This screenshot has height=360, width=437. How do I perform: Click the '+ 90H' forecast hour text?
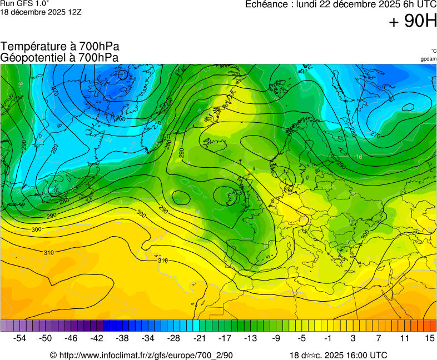pos(413,22)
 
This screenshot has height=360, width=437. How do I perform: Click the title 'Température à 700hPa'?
pos(59,47)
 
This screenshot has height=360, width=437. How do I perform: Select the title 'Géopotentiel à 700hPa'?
pos(59,57)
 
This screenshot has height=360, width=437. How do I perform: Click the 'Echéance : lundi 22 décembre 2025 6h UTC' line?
pos(341,4)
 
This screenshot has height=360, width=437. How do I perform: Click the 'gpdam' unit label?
pos(428,59)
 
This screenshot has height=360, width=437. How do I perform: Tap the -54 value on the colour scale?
pos(20,338)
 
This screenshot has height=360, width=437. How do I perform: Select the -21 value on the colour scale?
pos(199,338)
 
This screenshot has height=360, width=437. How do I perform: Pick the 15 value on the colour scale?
pos(429,338)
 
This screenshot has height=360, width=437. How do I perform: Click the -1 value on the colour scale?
pos(327,338)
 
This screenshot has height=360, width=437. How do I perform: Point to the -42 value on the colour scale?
pos(97,338)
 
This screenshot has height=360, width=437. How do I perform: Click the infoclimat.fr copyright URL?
pos(141,355)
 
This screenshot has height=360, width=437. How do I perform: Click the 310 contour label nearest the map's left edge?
pos(49,253)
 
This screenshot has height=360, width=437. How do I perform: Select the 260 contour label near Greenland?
pos(121,119)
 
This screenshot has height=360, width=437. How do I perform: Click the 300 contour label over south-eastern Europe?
pos(365,235)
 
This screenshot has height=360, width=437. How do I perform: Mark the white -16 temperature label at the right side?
pos(359,157)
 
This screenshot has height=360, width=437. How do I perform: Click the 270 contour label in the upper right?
pos(375,135)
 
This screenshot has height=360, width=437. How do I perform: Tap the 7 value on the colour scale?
pos(378,338)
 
